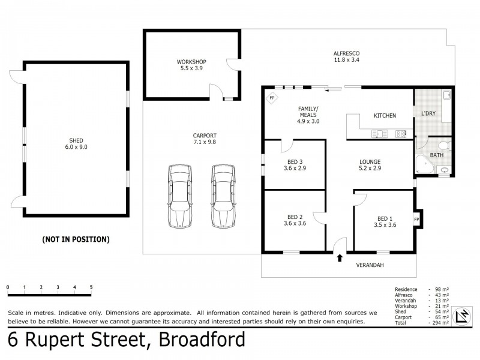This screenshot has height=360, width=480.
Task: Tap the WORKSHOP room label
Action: (191, 62)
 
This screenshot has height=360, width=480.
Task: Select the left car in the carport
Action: (179, 196)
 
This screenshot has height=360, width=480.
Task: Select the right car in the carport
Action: (221, 196)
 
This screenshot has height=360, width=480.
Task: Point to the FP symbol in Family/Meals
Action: (272, 98)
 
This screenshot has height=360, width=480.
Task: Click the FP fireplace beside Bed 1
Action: (417, 219)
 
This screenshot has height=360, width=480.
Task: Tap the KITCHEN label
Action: (385, 116)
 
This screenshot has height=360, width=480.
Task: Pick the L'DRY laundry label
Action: (428, 113)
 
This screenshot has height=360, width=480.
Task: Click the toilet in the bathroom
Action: (445, 146)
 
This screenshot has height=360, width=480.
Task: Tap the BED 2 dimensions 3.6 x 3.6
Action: (294, 224)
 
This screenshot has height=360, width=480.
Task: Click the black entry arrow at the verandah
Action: (340, 259)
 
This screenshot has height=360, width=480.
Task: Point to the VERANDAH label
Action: (370, 265)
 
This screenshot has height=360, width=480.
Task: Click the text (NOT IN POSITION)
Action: (76, 239)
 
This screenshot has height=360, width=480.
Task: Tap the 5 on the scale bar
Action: (91, 287)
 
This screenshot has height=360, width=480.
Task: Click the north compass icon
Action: (462, 316)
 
